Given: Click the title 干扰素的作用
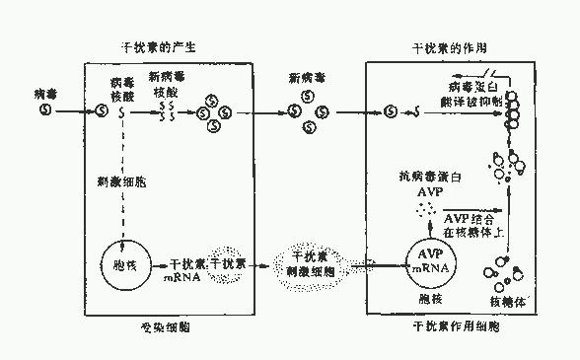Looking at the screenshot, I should tap(447, 46).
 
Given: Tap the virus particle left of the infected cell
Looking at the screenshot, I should tap(44, 111).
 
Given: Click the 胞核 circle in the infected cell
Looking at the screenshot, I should tap(118, 265).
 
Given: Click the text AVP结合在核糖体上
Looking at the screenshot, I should tap(475, 223).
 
